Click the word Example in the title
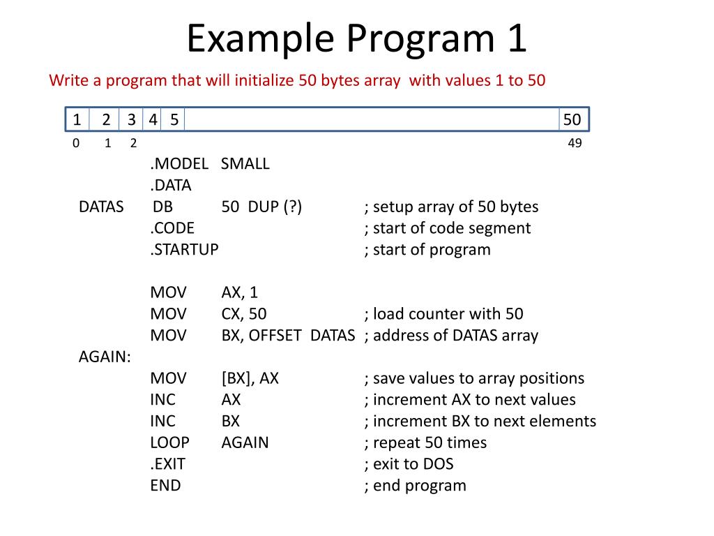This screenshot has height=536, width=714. pos(259,39)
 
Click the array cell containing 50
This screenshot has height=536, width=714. pos(572,120)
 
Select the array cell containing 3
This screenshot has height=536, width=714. pos(131,120)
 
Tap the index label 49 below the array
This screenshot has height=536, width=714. pos(575,144)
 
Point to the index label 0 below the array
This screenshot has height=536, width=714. pos(75,144)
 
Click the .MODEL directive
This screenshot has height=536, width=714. pos(179,164)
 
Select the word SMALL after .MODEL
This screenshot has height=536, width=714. pos(245,164)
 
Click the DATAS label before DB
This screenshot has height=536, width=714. pos(101,207)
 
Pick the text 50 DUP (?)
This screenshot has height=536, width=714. pos(261,207)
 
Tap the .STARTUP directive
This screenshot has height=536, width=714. pos(184,250)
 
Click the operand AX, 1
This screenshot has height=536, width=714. pos(240,292)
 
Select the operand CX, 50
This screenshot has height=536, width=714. pos(244,314)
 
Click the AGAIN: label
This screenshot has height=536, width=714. pos(105,357)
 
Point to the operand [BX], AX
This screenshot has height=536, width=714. pos(250,378)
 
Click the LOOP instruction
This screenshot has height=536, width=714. pos(169,442)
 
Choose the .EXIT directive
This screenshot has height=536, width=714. pos(167,464)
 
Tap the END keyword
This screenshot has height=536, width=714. pos(165,486)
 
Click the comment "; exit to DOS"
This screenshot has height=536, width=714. pos(409,464)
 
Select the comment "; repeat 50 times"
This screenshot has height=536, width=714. pos(425,442)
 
